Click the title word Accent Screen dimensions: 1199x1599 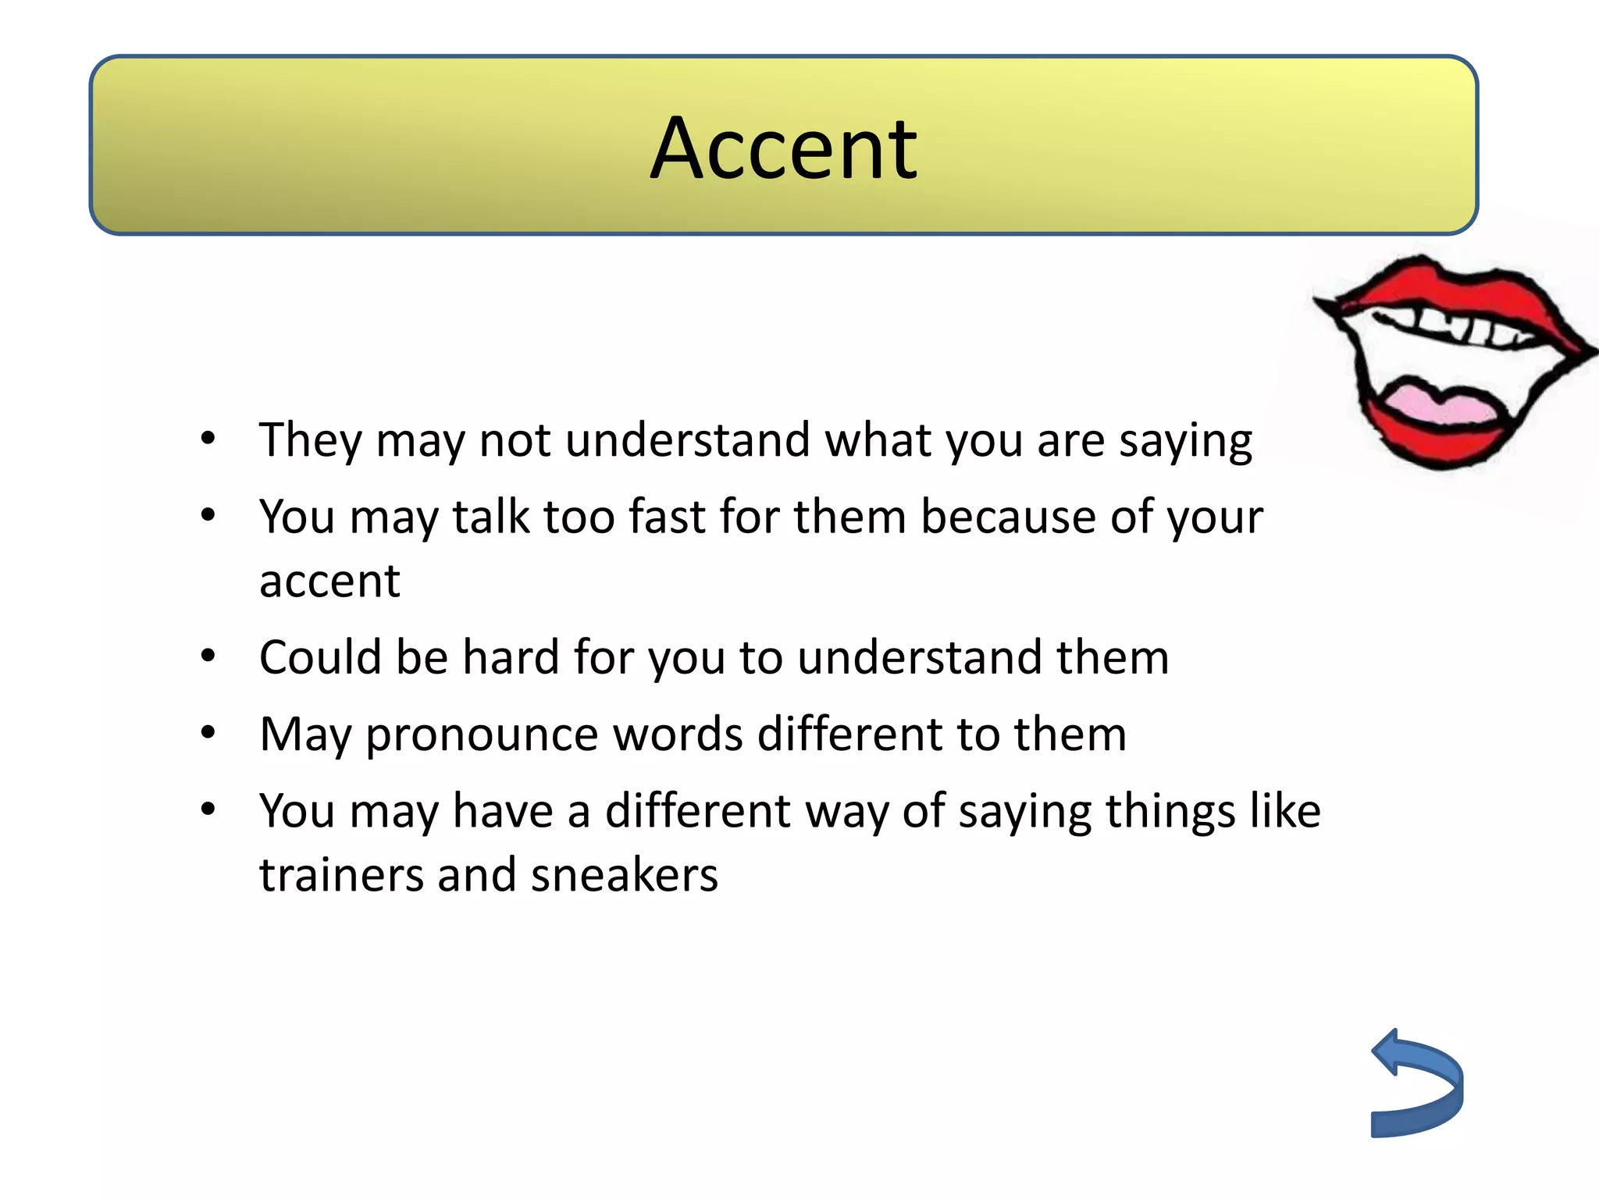coord(783,148)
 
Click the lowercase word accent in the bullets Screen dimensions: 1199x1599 coord(329,582)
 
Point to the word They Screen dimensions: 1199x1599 coord(310,440)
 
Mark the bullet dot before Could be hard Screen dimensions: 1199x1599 coord(208,656)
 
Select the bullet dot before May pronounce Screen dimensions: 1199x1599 coord(208,734)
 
